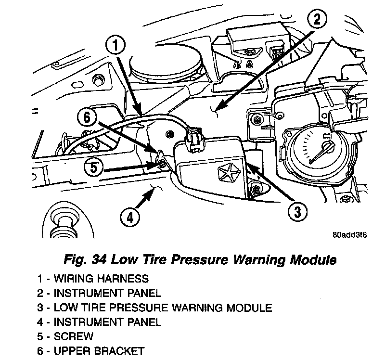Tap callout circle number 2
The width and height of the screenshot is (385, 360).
coord(315,20)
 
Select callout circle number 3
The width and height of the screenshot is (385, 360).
coord(297,210)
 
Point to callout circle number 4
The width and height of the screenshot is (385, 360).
coord(129,218)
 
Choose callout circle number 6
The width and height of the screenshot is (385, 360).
coord(87,117)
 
